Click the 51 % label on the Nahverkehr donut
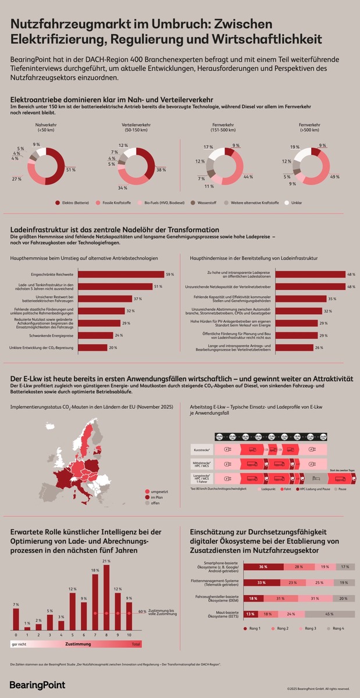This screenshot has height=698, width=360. click(x=70, y=169)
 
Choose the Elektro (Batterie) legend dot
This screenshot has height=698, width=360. click(x=58, y=202)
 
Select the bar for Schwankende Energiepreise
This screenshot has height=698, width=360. click(x=96, y=335)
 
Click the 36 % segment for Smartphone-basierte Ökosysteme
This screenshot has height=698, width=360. click(x=263, y=567)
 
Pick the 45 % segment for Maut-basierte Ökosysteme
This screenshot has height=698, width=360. click(x=329, y=614)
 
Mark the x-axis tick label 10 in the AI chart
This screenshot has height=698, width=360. click(x=129, y=635)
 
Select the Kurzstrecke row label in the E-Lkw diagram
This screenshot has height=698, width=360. click(x=200, y=450)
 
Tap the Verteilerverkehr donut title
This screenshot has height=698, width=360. click(x=136, y=127)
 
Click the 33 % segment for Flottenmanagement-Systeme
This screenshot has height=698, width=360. click(x=263, y=582)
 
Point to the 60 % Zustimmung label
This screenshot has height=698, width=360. click(x=142, y=612)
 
